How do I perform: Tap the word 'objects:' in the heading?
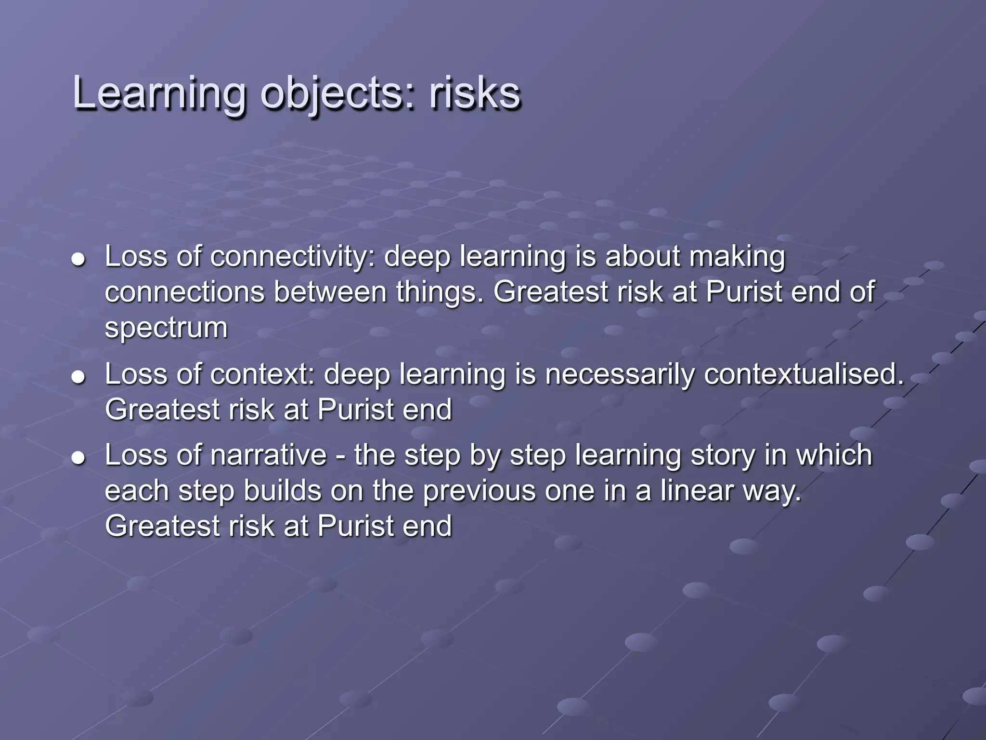click(337, 94)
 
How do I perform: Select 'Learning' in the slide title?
click(159, 94)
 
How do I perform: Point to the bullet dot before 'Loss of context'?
click(78, 377)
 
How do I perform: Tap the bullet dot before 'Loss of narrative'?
click(78, 458)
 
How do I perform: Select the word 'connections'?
click(184, 292)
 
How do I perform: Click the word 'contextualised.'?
click(804, 374)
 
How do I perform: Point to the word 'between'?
click(330, 292)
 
